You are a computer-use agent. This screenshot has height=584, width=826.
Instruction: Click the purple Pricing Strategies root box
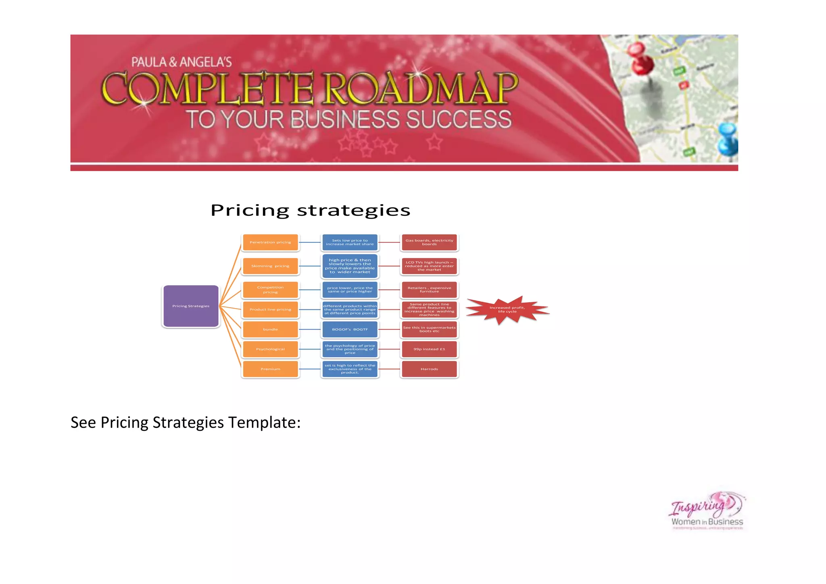(191, 306)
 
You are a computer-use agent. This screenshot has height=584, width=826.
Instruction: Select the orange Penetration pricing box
(270, 242)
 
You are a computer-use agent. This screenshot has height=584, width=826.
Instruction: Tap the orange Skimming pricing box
(270, 266)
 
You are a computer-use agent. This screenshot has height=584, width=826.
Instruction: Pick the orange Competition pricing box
(270, 290)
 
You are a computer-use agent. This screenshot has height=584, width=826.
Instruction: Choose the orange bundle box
(270, 330)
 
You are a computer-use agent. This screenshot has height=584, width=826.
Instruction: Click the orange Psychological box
(270, 349)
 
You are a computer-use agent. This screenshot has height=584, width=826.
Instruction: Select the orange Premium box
(270, 369)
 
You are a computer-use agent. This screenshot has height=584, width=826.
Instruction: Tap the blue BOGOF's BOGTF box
(350, 330)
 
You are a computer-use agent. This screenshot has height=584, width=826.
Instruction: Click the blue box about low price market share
(350, 242)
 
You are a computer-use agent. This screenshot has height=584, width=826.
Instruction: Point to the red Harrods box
(429, 369)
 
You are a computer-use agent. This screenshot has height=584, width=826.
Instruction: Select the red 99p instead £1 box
(429, 349)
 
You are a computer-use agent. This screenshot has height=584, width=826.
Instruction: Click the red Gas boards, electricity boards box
(429, 242)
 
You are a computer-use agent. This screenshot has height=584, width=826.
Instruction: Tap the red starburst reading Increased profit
(507, 310)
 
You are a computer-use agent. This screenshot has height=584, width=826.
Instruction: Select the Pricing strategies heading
(310, 211)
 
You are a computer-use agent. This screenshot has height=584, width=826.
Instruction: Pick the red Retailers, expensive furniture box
(429, 290)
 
